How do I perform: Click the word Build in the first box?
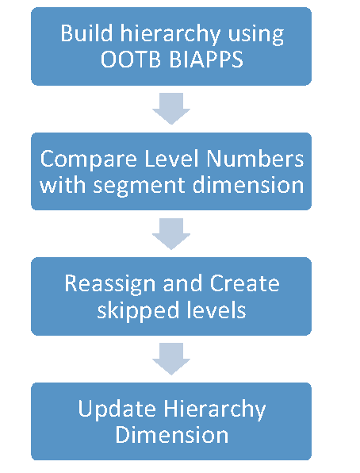83,34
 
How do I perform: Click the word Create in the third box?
244,284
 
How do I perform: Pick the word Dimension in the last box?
171,435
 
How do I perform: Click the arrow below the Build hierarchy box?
171,109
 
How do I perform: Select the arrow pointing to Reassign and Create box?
171,233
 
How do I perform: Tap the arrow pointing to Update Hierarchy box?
171,359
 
